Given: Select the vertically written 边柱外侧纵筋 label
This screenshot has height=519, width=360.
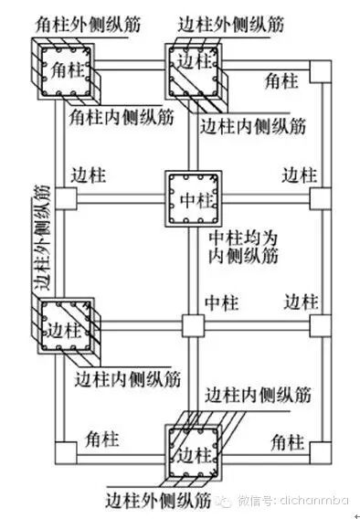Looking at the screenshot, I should [39, 237].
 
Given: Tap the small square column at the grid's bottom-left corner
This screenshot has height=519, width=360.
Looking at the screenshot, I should [63, 450].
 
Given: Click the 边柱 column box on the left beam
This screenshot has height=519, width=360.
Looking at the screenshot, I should [63, 325].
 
